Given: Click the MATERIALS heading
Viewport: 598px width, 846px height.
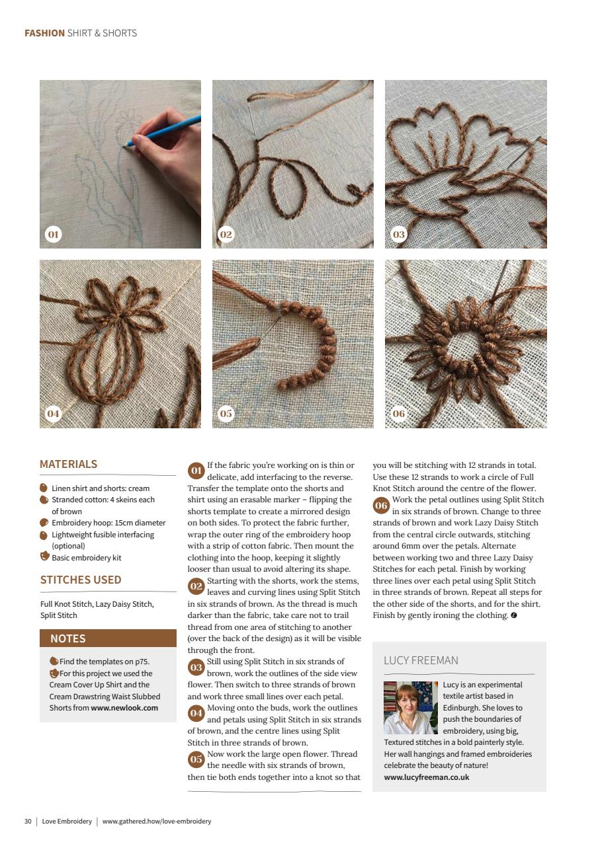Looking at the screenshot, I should pyautogui.click(x=68, y=464).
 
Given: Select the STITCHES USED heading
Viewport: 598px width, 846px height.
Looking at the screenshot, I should pyautogui.click(x=81, y=580).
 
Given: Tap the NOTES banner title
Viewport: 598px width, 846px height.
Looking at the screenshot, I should pyautogui.click(x=68, y=638).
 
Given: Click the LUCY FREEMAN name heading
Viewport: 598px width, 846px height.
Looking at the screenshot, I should pyautogui.click(x=421, y=660).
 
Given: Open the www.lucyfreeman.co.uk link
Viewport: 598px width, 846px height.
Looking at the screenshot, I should pyautogui.click(x=427, y=777).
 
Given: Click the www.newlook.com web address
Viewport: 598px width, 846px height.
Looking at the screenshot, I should pyautogui.click(x=124, y=707).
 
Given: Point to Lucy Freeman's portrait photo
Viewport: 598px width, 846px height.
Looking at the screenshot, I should pyautogui.click(x=410, y=708).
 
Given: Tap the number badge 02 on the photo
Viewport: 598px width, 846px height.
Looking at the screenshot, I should pyautogui.click(x=226, y=235).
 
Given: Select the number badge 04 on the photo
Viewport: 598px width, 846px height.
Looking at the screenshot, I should pyautogui.click(x=53, y=414).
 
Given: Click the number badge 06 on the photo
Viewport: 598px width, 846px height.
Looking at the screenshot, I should pyautogui.click(x=399, y=414).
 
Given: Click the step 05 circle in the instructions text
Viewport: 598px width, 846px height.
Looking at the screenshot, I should pyautogui.click(x=196, y=759).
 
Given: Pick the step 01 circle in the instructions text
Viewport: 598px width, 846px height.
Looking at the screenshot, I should pyautogui.click(x=196, y=471).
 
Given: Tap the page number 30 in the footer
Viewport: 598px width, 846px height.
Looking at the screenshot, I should pyautogui.click(x=28, y=821).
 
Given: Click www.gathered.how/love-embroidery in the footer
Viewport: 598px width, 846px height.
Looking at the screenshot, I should pyautogui.click(x=157, y=821).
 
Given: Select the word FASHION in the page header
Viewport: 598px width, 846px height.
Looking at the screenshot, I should pyautogui.click(x=44, y=33).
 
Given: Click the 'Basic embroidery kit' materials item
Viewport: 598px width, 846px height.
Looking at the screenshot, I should pyautogui.click(x=86, y=557).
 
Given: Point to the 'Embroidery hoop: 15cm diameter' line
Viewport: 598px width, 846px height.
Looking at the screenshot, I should pyautogui.click(x=108, y=523).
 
